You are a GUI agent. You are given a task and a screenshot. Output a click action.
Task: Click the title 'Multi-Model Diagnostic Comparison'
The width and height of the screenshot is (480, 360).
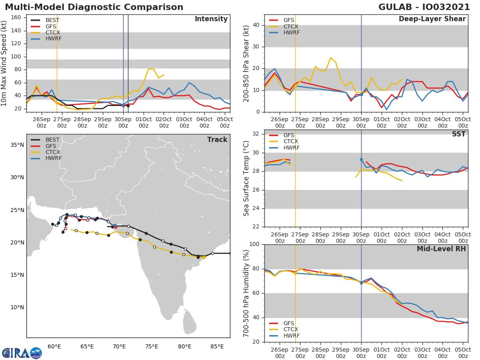(x=94, y=7)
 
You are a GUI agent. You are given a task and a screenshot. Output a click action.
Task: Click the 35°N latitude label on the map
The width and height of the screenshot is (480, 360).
(x=16, y=145)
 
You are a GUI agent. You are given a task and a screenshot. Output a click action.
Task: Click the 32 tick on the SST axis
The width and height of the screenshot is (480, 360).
(x=258, y=134)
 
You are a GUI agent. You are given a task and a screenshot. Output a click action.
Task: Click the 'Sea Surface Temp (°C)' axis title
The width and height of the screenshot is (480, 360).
(x=246, y=178)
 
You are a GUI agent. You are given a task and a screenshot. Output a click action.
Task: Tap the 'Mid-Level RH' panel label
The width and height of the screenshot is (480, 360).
(x=441, y=249)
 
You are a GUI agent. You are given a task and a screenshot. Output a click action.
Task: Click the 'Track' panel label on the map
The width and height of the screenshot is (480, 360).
(x=217, y=140)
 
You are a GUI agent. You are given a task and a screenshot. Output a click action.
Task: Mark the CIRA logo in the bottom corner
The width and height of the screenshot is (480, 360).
(x=22, y=353)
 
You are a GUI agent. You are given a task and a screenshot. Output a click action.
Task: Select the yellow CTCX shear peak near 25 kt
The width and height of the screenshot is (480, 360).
(x=330, y=58)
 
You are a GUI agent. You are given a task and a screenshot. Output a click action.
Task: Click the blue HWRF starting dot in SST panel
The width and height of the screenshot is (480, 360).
(x=361, y=160)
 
